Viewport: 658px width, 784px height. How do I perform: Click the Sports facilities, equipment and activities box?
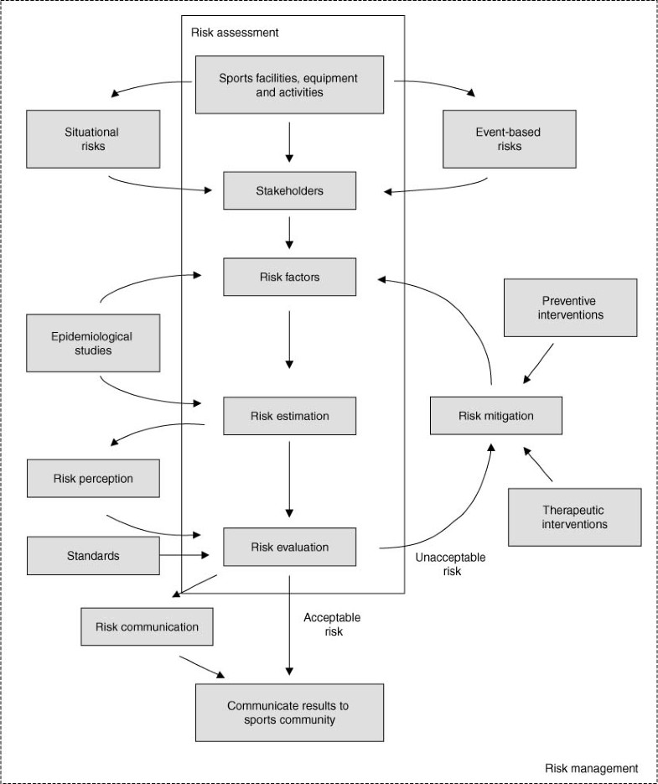pyautogui.click(x=289, y=85)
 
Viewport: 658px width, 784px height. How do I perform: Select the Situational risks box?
pyautogui.click(x=92, y=139)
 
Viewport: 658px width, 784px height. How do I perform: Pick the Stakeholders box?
pyautogui.click(x=290, y=191)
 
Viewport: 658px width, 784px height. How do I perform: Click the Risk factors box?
pyautogui.click(x=290, y=278)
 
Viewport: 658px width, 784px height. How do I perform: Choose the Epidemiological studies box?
pyautogui.click(x=92, y=344)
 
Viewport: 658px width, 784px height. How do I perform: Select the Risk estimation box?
pyautogui.click(x=290, y=416)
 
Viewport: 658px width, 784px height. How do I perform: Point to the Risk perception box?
pyautogui.click(x=92, y=480)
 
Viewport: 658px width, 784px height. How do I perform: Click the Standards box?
pyautogui.click(x=92, y=555)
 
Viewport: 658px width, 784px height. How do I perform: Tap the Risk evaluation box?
pyautogui.click(x=290, y=548)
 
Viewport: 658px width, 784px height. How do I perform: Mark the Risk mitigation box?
pyautogui.click(x=495, y=416)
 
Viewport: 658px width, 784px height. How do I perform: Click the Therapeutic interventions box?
pyautogui.click(x=574, y=517)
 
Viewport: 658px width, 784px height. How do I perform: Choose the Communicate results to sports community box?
pyautogui.click(x=289, y=713)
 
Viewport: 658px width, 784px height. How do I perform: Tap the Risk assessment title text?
pyautogui.click(x=235, y=33)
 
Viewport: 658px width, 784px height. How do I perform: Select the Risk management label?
pyautogui.click(x=591, y=768)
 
